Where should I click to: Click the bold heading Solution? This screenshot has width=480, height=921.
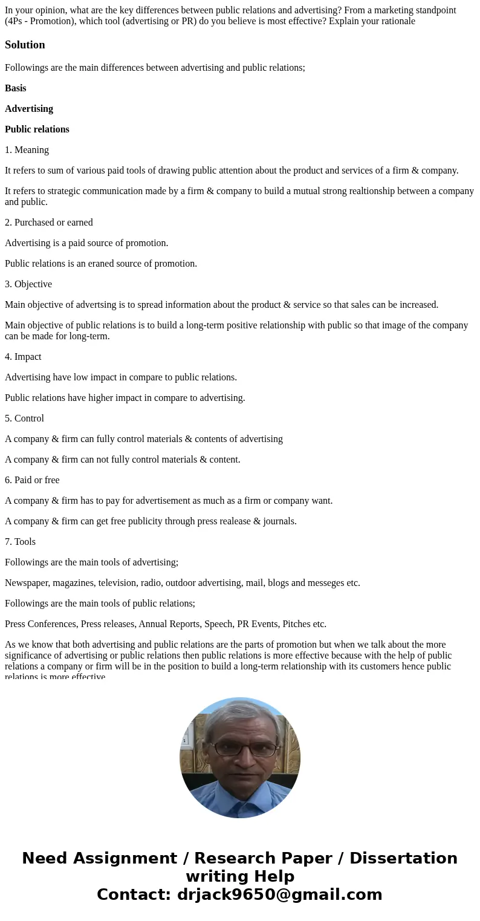[x=25, y=45]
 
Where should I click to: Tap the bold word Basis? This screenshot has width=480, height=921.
[x=16, y=88]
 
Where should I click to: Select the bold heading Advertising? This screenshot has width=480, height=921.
[x=29, y=109]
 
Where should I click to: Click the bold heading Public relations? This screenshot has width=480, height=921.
[x=37, y=129]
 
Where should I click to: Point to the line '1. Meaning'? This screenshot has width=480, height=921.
[x=27, y=150]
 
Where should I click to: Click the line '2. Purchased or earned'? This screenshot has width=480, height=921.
[x=49, y=223]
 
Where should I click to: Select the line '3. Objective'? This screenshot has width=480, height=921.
[x=28, y=284]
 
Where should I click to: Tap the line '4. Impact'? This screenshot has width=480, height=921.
[x=23, y=357]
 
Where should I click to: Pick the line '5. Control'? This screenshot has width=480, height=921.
[x=24, y=418]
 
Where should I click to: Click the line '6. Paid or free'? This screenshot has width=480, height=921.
[x=32, y=480]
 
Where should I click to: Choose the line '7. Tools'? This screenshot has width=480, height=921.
[x=20, y=542]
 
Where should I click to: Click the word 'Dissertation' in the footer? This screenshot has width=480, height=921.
[x=403, y=858]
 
